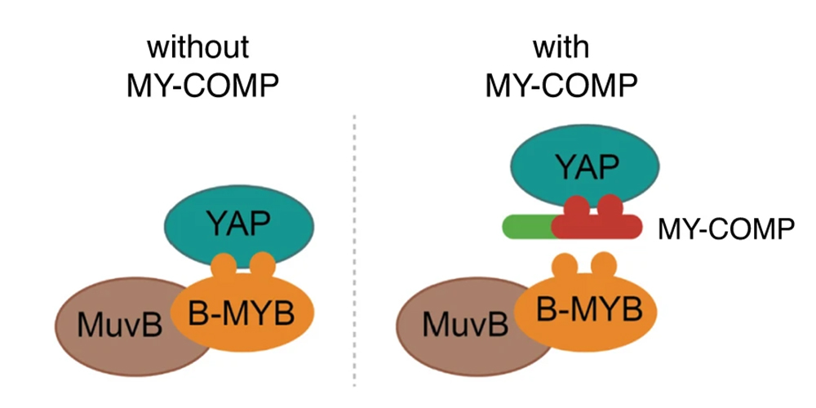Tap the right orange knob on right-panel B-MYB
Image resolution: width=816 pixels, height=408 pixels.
pos(603,265)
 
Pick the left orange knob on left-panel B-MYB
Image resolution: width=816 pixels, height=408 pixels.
pos(225,266)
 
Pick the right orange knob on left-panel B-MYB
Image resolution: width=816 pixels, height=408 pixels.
pos(261,266)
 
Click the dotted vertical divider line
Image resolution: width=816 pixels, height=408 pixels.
pos(354,245)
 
